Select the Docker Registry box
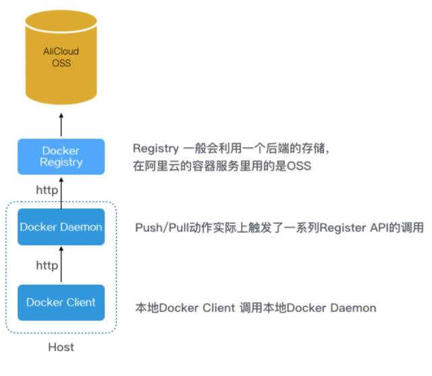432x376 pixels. tap(61, 156)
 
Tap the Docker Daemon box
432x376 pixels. tap(61, 227)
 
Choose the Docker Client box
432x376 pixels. tap(61, 302)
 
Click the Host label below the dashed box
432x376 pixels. tap(61, 347)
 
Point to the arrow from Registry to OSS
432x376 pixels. tap(61, 125)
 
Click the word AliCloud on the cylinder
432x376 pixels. tap(61, 53)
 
